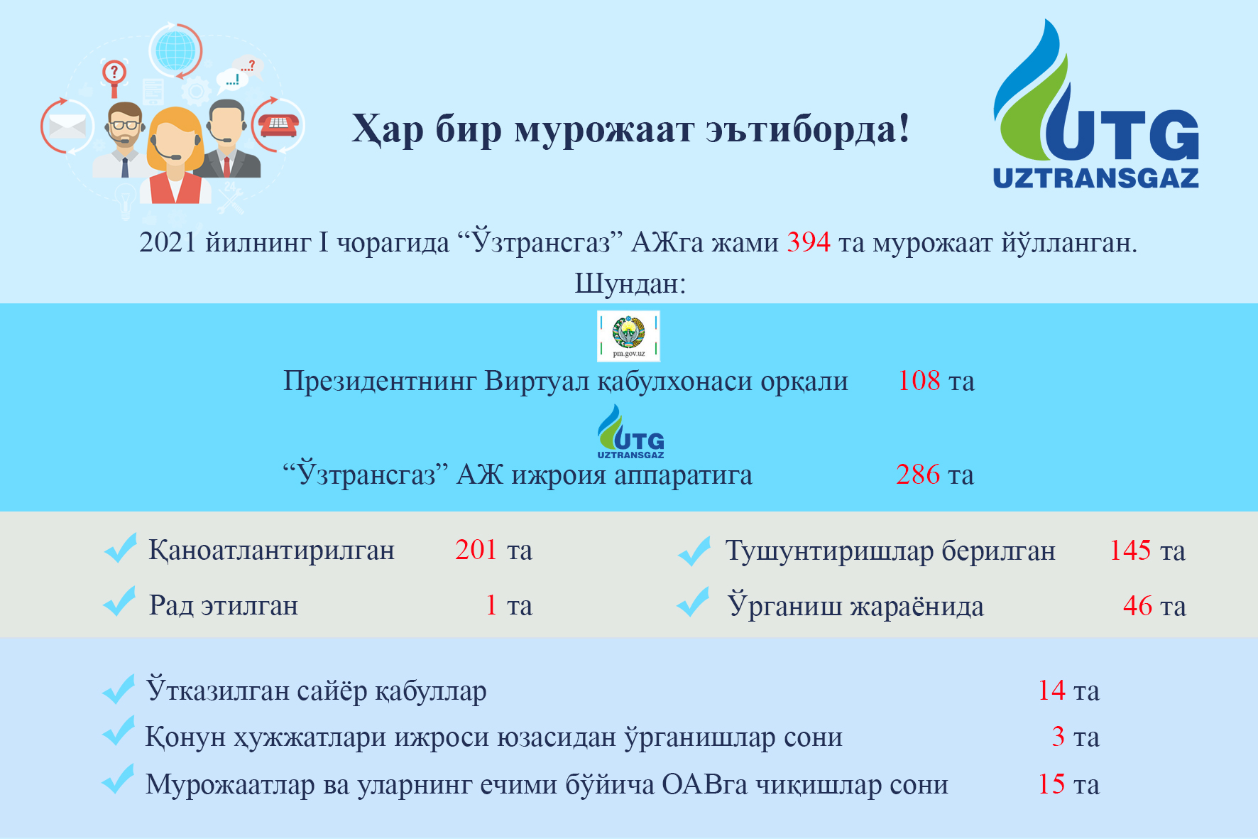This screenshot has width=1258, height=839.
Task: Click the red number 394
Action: [809, 243]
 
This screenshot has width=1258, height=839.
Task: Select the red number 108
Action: [919, 381]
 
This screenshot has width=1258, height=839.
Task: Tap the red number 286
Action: [918, 475]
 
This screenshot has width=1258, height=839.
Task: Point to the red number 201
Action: [476, 550]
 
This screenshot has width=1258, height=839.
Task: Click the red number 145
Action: [1130, 550]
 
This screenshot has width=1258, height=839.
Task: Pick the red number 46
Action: [1137, 605]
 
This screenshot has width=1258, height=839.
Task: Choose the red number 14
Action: [1051, 691]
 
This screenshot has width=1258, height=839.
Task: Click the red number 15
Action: [1051, 784]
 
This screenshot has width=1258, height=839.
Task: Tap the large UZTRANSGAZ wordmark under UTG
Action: [1095, 178]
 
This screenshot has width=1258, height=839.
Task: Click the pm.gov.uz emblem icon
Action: [628, 336]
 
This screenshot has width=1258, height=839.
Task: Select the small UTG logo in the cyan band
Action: [630, 432]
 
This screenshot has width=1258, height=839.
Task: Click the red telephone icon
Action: [278, 125]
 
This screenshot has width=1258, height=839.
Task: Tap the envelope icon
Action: [67, 127]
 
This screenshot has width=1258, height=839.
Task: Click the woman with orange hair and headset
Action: [175, 156]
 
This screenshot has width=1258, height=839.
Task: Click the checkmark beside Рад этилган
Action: [119, 602]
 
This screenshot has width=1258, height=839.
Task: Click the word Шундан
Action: [630, 284]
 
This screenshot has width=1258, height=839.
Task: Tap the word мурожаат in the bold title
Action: [603, 129]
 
